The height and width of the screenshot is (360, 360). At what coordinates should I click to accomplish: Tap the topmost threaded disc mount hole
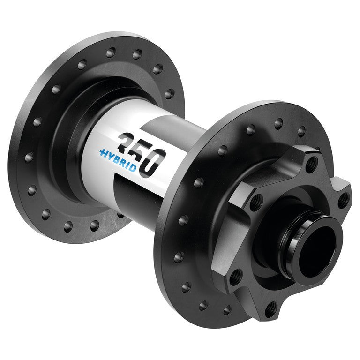tap(312, 164)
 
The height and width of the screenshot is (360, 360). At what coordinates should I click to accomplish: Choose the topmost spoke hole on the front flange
tap(278, 123)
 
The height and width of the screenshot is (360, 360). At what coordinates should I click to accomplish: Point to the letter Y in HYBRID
tap(111, 156)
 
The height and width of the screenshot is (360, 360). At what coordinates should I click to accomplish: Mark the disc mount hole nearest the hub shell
tap(255, 202)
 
